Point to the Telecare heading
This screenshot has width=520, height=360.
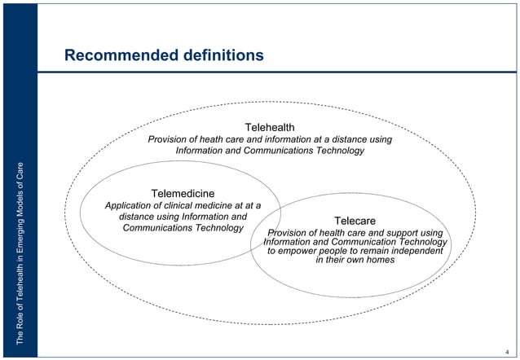point(355,221)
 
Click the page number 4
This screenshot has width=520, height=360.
point(507,349)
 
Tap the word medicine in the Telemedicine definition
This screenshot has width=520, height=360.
point(220,206)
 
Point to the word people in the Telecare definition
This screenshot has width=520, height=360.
point(334,251)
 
